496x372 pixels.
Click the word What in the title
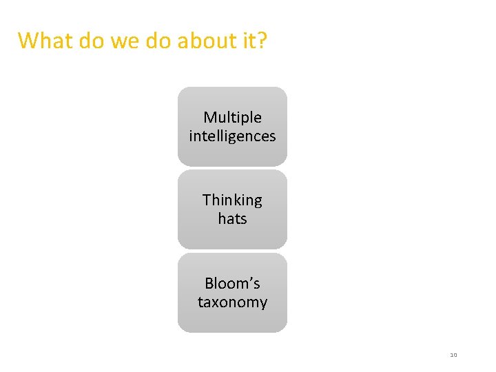coord(45,41)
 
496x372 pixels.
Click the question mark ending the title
coord(262,41)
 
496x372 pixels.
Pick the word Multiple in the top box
coord(232,118)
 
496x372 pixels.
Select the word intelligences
coord(232,136)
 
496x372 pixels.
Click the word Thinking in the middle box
coord(232,200)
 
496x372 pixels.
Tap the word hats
coord(232,219)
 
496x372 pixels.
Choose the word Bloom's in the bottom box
coord(232,283)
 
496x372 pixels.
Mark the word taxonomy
coord(232,302)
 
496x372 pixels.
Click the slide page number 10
coord(453,355)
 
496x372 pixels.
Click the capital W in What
coord(28,41)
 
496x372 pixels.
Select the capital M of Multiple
coord(210,118)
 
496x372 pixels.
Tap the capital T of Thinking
coord(207,200)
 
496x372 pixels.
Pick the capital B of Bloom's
coord(209,283)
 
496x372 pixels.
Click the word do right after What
coord(90,41)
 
